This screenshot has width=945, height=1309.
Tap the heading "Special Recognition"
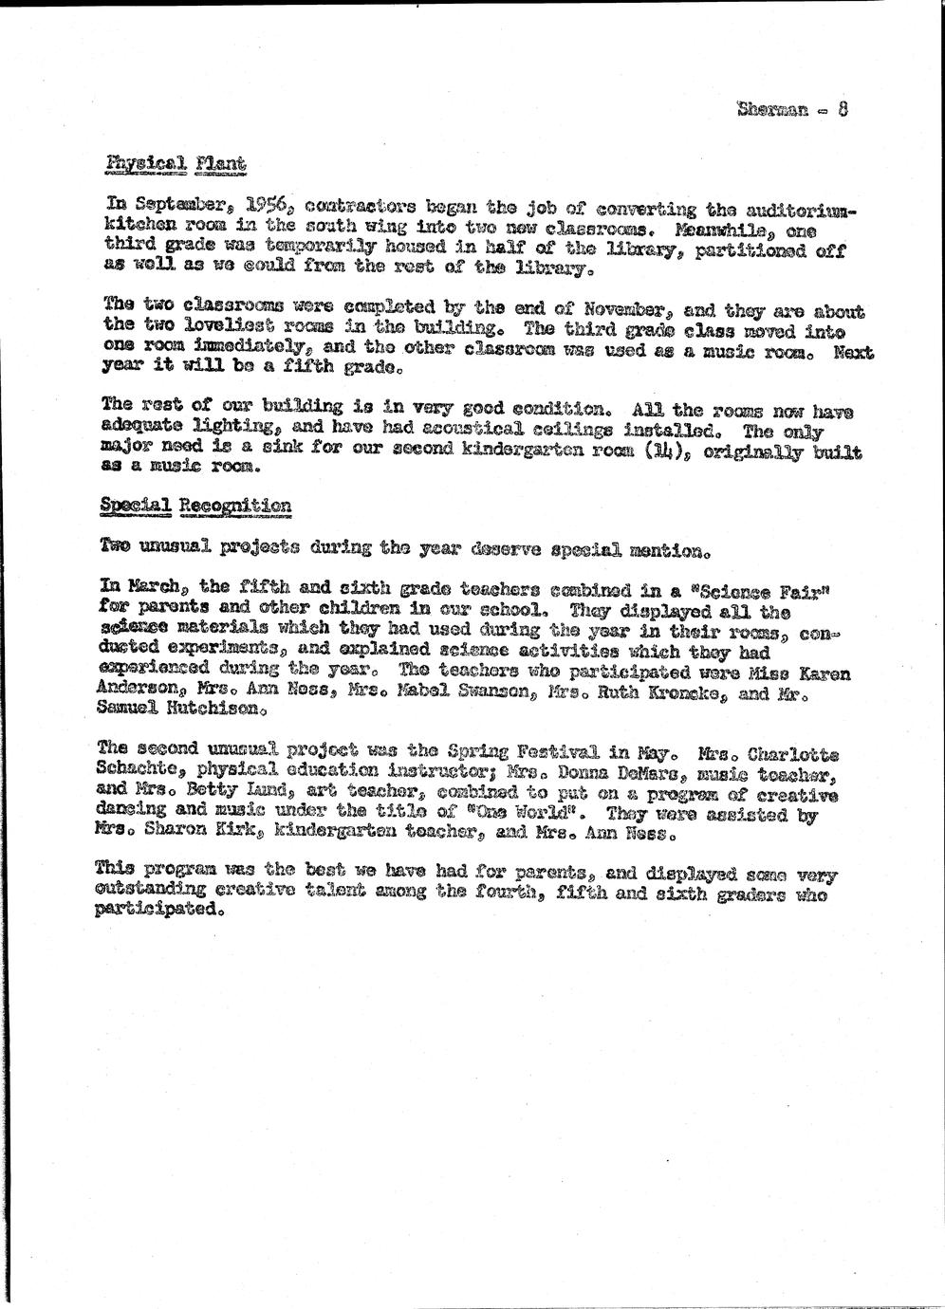195,507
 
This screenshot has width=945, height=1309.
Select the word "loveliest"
229,329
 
